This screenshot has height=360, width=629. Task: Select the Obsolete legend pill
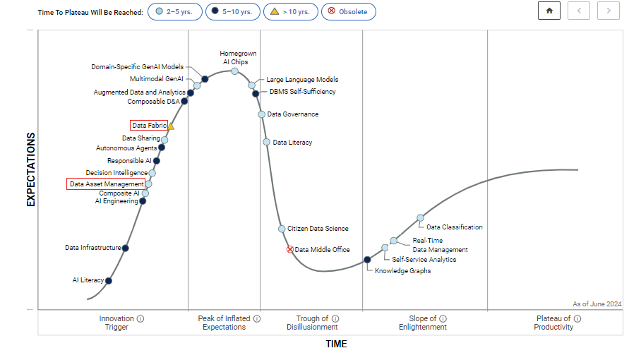pyautogui.click(x=349, y=12)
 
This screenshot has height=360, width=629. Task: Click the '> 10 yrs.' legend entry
pyautogui.click(x=290, y=12)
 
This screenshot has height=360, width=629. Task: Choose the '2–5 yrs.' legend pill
pyautogui.click(x=175, y=12)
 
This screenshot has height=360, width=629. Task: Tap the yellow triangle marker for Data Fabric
pyautogui.click(x=171, y=126)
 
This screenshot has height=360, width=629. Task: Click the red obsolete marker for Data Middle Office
pyautogui.click(x=289, y=249)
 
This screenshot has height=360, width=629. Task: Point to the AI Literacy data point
pyautogui.click(x=108, y=280)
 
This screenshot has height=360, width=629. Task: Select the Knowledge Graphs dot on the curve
pyautogui.click(x=367, y=260)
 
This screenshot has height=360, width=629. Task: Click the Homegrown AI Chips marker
pyautogui.click(x=234, y=71)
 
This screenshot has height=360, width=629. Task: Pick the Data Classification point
pyautogui.click(x=420, y=217)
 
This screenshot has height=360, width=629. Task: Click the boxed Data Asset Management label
pyautogui.click(x=107, y=184)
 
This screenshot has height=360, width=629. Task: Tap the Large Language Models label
pyautogui.click(x=302, y=80)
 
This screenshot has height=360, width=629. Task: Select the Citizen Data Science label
pyautogui.click(x=318, y=229)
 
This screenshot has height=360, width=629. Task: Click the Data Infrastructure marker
pyautogui.click(x=126, y=248)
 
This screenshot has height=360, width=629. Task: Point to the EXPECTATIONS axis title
pyautogui.click(x=30, y=169)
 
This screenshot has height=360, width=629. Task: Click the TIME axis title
pyautogui.click(x=336, y=344)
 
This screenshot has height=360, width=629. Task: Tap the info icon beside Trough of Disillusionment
pyautogui.click(x=335, y=318)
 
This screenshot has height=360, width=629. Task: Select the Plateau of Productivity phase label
pyautogui.click(x=553, y=323)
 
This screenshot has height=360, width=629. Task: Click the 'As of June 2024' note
pyautogui.click(x=597, y=304)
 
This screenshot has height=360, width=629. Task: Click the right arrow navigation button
pyautogui.click(x=609, y=11)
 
